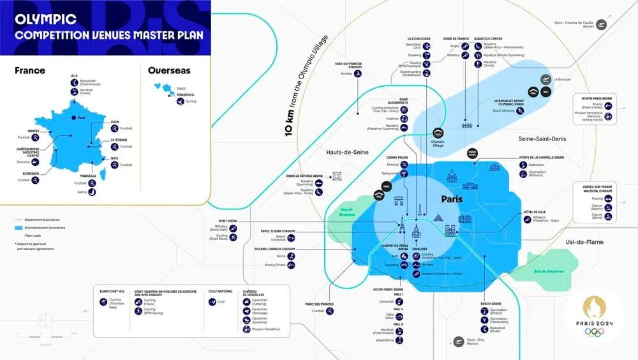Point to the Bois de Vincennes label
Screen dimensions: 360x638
pos(548,271)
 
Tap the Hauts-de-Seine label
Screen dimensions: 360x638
pos(348,152)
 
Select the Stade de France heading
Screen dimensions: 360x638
pos(456,38)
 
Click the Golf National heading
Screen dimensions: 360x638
pos(221,290)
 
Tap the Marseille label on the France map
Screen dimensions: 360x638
pos(88,176)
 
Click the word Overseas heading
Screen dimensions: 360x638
pos(169,70)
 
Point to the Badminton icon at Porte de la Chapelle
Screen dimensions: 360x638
pos(521,165)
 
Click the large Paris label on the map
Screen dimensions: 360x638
pos(456,199)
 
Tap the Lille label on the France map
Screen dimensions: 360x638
pos(74,75)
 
